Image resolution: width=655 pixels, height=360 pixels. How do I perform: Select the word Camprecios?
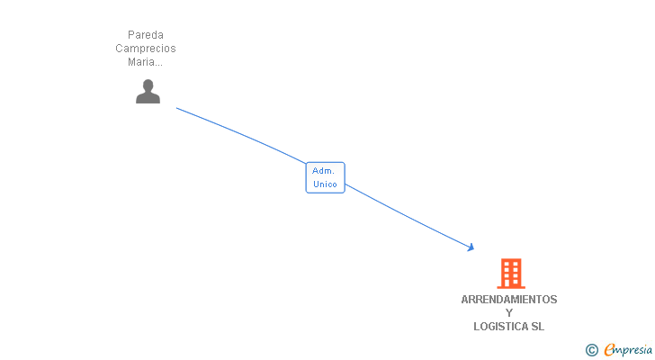click(146, 49)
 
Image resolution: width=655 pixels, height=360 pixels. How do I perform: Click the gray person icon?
click(148, 91)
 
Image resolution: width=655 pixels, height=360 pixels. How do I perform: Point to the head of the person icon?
click(148, 85)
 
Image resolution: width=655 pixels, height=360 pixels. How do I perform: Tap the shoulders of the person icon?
click(148, 98)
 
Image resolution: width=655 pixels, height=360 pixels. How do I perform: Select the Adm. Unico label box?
click(325, 177)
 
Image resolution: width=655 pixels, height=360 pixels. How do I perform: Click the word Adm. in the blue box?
click(323, 171)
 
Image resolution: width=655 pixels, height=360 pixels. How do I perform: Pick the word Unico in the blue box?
click(325, 184)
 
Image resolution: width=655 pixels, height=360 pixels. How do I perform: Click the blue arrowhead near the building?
click(470, 247)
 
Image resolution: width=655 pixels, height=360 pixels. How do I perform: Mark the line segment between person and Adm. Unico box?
click(243, 134)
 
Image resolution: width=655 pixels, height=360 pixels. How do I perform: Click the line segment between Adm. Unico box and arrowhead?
click(409, 217)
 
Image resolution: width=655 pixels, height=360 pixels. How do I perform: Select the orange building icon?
click(510, 273)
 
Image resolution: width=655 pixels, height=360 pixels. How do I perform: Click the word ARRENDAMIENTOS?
click(509, 300)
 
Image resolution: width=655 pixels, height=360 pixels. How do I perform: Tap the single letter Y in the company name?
click(509, 313)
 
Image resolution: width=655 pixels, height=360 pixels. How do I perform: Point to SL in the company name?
click(537, 327)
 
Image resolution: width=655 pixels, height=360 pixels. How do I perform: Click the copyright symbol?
click(592, 350)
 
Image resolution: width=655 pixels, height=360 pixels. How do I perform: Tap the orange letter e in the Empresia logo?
click(609, 350)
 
